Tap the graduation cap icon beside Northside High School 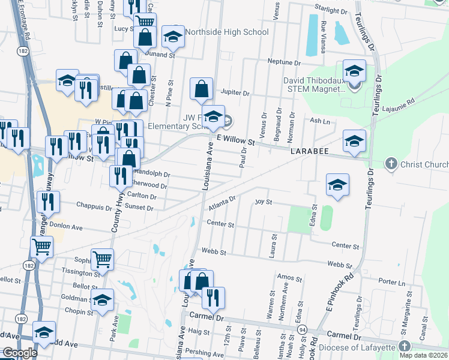173,37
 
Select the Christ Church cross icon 391,163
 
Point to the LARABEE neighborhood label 310,152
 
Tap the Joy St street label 264,202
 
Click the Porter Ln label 392,281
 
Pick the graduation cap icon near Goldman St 103,300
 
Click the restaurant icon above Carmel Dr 212,297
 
